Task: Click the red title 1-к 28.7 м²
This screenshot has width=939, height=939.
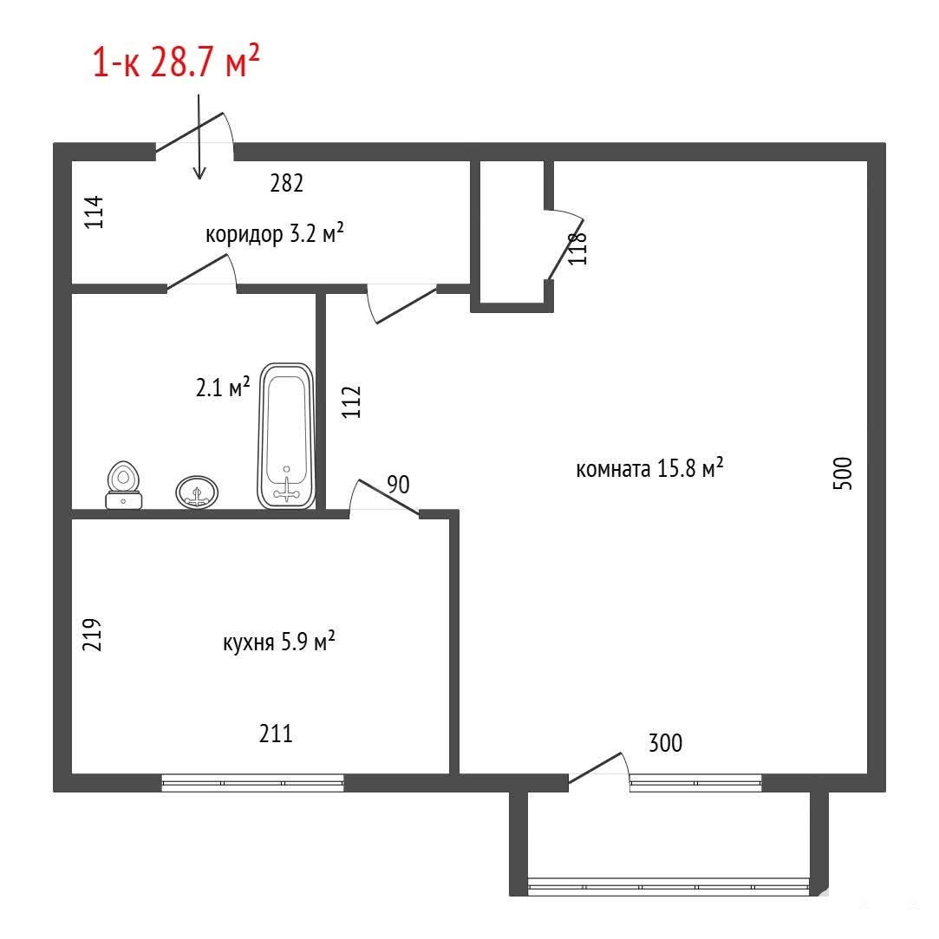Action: click(176, 62)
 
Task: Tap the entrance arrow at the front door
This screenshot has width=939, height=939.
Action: click(199, 136)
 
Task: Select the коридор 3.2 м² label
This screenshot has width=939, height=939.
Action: click(274, 233)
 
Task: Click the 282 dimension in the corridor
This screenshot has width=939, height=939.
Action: click(287, 183)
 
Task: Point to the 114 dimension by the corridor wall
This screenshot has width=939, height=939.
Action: click(94, 212)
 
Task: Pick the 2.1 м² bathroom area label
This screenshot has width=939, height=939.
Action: click(222, 387)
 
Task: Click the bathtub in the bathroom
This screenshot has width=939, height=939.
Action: click(286, 436)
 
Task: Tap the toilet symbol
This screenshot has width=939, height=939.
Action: click(124, 485)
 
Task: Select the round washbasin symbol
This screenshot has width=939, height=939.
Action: click(197, 492)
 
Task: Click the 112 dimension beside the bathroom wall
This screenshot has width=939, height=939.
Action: click(351, 401)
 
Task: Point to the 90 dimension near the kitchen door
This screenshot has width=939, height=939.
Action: click(398, 485)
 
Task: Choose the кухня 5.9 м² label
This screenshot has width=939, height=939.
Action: click(278, 642)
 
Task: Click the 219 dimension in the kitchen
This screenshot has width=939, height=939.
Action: click(92, 634)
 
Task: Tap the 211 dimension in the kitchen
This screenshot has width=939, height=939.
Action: click(276, 733)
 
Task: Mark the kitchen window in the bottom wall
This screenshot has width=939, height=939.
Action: click(252, 783)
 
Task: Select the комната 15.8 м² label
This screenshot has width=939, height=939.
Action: click(649, 467)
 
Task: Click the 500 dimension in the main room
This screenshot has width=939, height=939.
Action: click(843, 473)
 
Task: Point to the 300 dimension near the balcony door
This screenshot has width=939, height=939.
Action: click(665, 742)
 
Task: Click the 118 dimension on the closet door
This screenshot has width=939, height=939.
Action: click(578, 248)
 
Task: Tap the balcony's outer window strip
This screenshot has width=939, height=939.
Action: click(668, 886)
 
